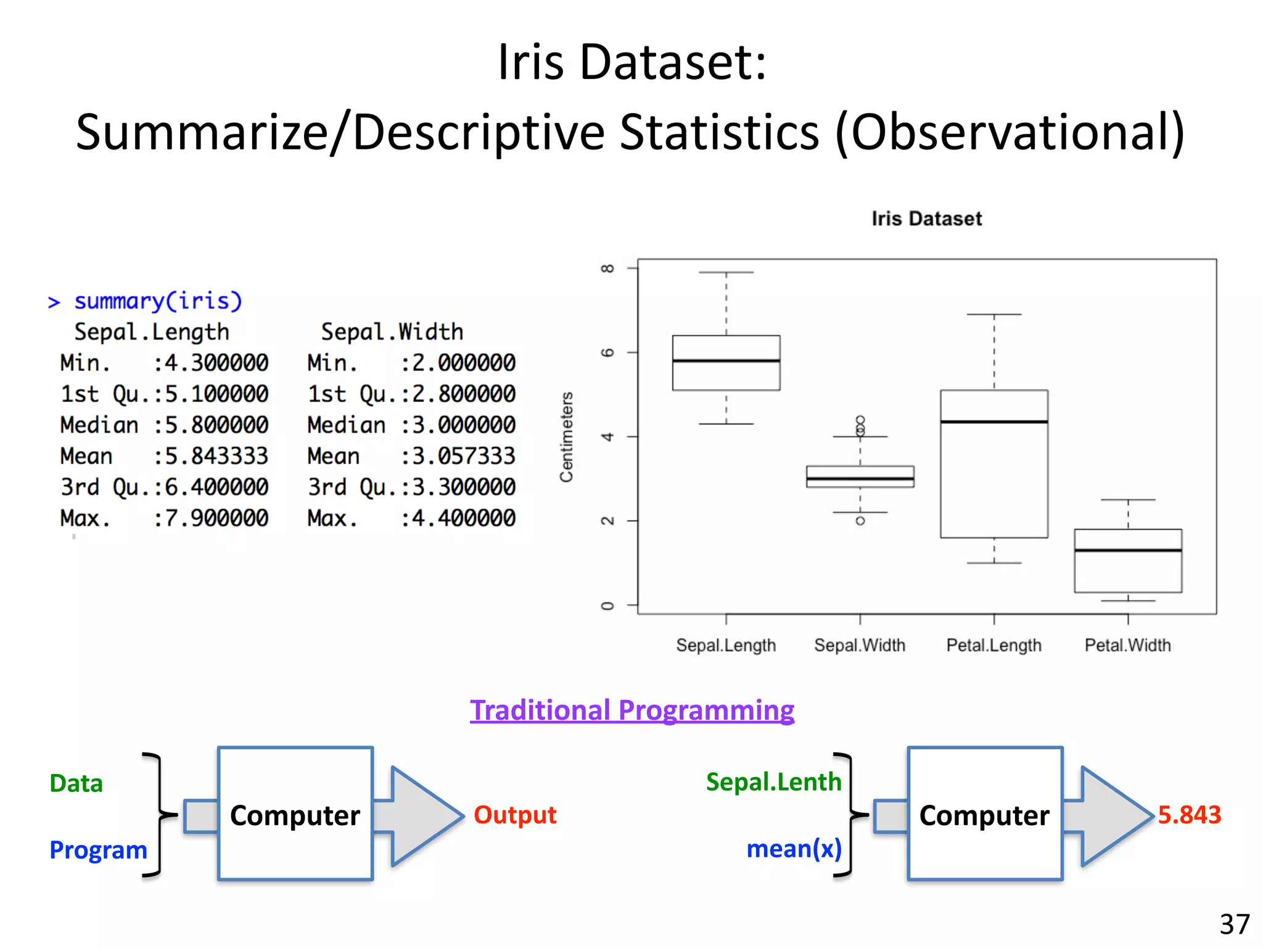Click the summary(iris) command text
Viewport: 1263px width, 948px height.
pos(158,301)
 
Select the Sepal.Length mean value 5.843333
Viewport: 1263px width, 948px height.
pos(216,456)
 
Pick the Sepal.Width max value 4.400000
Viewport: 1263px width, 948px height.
pos(463,518)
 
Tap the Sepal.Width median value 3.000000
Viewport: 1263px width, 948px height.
pos(463,425)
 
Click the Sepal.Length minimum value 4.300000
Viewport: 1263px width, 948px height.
pos(216,363)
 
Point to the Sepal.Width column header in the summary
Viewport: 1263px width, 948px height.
pos(392,332)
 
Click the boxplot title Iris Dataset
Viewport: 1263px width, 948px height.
pos(926,218)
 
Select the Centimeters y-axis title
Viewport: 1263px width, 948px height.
pos(566,436)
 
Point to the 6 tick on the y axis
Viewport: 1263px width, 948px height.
pos(607,352)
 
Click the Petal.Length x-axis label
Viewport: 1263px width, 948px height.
pos(994,645)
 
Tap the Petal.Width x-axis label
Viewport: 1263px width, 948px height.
pos(1127,645)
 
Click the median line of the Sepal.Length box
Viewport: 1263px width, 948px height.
pos(726,360)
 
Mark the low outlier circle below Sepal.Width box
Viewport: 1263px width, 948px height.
pos(860,521)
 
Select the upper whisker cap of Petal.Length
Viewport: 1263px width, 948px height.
pos(994,314)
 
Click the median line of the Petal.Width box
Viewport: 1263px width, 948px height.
pos(1127,550)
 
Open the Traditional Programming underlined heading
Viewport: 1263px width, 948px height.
pos(631,710)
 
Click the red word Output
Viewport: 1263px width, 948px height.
pos(515,815)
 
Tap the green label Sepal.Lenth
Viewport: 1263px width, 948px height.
pos(773,782)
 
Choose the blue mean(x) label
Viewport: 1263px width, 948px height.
pos(794,849)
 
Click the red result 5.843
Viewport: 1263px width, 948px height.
pos(1189,815)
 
